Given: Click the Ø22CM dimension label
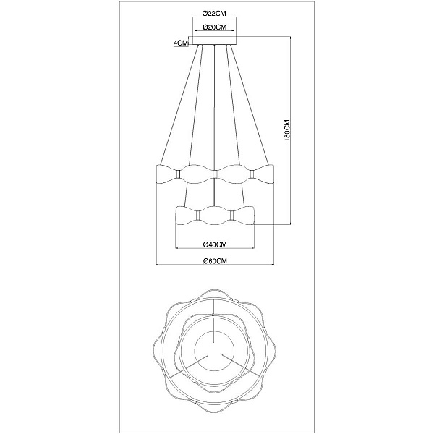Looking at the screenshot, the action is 214,13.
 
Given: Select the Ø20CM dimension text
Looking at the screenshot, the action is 215,27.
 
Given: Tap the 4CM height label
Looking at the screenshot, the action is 181,43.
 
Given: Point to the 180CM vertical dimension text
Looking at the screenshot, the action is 287,131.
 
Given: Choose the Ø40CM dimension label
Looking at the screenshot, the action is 215,244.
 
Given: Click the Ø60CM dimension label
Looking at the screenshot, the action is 215,260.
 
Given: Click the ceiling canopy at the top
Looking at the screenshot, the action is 215,41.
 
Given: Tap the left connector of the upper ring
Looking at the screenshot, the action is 179,174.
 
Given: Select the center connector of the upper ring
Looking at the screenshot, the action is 215,174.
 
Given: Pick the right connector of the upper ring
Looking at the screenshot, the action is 252,174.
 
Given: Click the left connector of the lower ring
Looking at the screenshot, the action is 197,215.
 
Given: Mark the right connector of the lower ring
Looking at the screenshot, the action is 232,215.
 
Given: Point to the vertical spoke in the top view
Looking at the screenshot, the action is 214,321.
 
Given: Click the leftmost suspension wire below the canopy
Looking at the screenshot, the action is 179,104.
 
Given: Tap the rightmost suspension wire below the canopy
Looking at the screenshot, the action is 250,104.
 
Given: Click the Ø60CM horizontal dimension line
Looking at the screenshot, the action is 215,265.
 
